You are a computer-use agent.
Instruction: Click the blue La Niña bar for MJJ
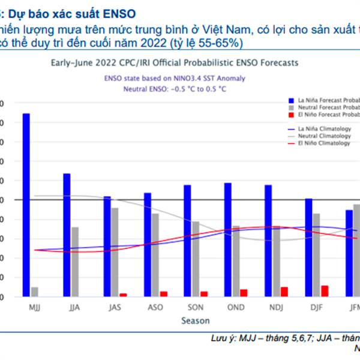26,205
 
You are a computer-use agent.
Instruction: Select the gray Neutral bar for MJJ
35,292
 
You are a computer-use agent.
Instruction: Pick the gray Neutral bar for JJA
75,262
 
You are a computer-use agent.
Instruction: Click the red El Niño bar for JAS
123,295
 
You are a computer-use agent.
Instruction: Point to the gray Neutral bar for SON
196,259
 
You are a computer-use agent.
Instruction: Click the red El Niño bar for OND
244,293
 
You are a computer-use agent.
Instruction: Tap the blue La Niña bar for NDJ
268,241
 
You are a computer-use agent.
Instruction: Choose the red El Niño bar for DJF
325,291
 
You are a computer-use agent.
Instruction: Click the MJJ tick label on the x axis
35,308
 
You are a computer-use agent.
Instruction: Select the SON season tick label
196,308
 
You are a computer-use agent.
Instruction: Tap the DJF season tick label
317,308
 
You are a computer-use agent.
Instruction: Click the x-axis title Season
196,321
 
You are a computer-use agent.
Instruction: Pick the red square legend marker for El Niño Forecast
292,114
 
